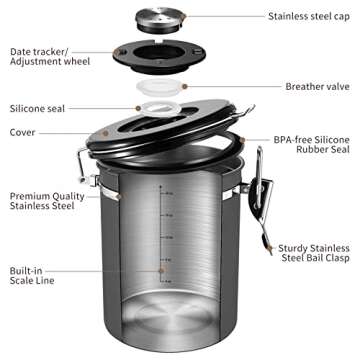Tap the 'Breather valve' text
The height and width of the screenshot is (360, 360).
(318, 86)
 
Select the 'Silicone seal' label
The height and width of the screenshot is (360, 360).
(38, 108)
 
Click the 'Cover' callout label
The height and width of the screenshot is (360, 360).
(24, 132)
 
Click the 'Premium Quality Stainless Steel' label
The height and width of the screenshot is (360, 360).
(47, 203)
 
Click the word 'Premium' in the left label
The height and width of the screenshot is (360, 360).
(31, 197)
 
